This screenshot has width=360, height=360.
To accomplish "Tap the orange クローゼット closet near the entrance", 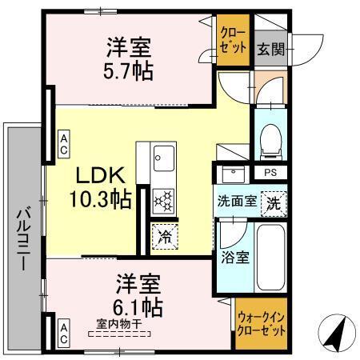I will pos(233,39).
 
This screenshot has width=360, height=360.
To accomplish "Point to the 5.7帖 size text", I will pos(127,70).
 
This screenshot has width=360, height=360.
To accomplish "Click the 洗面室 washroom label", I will pos(237,201).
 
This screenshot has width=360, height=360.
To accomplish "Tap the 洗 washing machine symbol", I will pos(274,202).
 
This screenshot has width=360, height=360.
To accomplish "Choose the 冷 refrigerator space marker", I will pos(164,237).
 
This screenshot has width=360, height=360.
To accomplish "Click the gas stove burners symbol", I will pos(163,200).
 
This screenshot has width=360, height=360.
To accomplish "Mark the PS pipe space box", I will pos(270,172).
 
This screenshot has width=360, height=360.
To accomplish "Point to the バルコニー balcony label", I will pos(23,239).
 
